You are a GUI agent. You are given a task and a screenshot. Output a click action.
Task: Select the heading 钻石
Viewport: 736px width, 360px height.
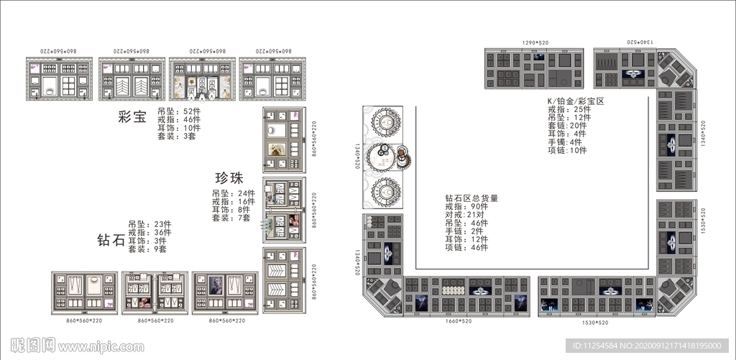click(x=111, y=239)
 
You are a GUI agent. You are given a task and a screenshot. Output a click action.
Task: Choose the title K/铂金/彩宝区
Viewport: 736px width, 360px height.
click(x=576, y=101)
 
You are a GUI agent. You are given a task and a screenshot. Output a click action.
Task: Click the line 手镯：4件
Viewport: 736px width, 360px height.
click(x=565, y=142)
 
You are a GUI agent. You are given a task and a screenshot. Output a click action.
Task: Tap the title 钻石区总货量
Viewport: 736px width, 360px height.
click(x=471, y=198)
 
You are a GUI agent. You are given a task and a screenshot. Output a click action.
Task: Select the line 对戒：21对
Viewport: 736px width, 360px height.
click(x=466, y=214)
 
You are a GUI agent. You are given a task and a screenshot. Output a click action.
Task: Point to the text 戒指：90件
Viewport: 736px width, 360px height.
click(x=466, y=206)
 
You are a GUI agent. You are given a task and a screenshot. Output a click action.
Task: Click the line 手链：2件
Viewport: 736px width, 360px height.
click(x=464, y=231)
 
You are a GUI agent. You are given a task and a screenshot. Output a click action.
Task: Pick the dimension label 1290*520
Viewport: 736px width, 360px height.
click(x=535, y=44)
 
